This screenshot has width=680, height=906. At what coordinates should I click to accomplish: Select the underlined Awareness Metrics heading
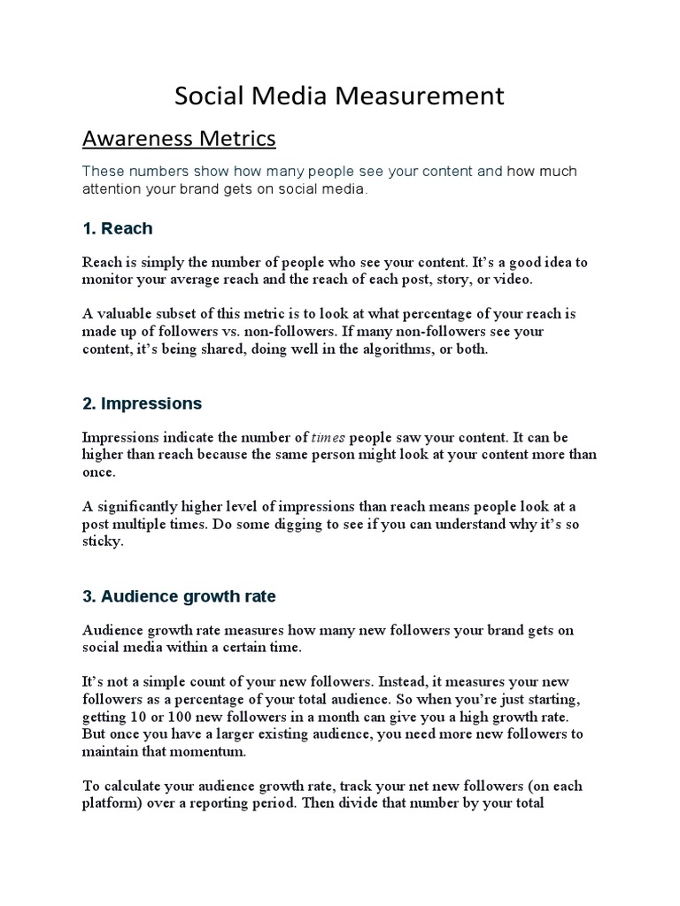tap(179, 139)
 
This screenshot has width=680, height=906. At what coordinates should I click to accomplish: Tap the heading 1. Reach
tap(117, 228)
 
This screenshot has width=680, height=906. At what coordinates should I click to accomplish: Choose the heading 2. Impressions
tap(142, 403)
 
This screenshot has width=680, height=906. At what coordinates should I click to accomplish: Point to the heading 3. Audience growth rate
tap(179, 596)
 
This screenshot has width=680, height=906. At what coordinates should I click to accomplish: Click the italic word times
tap(328, 437)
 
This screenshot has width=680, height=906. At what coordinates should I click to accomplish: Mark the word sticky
tap(102, 541)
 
